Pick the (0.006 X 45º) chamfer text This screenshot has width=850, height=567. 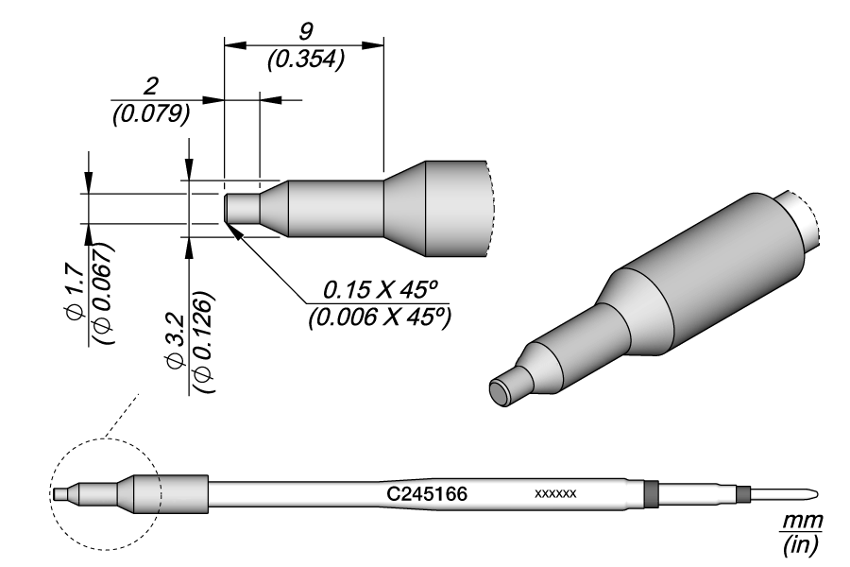coord(377,318)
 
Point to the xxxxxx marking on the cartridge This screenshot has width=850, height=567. coord(555,494)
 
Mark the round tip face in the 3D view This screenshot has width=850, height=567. coord(501,392)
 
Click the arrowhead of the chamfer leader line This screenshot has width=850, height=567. coord(232,230)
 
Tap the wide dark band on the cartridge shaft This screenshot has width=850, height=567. coord(649,493)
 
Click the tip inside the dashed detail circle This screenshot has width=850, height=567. coord(62,492)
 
